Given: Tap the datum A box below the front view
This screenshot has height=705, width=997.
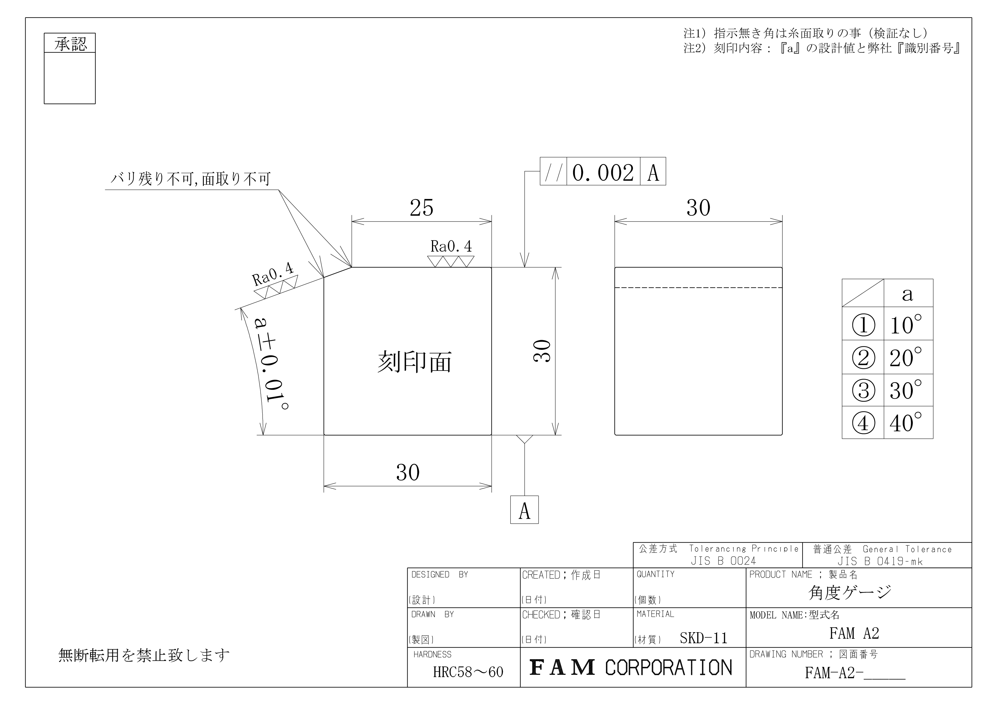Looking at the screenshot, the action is tap(524, 510).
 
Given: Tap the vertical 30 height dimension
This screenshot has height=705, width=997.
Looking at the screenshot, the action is tap(542, 351).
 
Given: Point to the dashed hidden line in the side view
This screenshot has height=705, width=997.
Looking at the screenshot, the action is tap(698, 288).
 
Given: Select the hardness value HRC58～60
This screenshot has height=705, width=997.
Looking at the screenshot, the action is tap(468, 672).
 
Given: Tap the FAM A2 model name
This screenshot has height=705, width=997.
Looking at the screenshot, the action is tap(854, 633).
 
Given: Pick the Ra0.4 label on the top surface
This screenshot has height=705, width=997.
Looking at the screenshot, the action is tap(451, 246).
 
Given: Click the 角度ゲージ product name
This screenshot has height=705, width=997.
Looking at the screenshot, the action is tap(850, 592).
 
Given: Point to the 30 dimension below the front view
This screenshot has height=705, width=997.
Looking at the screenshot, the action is tap(408, 473).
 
